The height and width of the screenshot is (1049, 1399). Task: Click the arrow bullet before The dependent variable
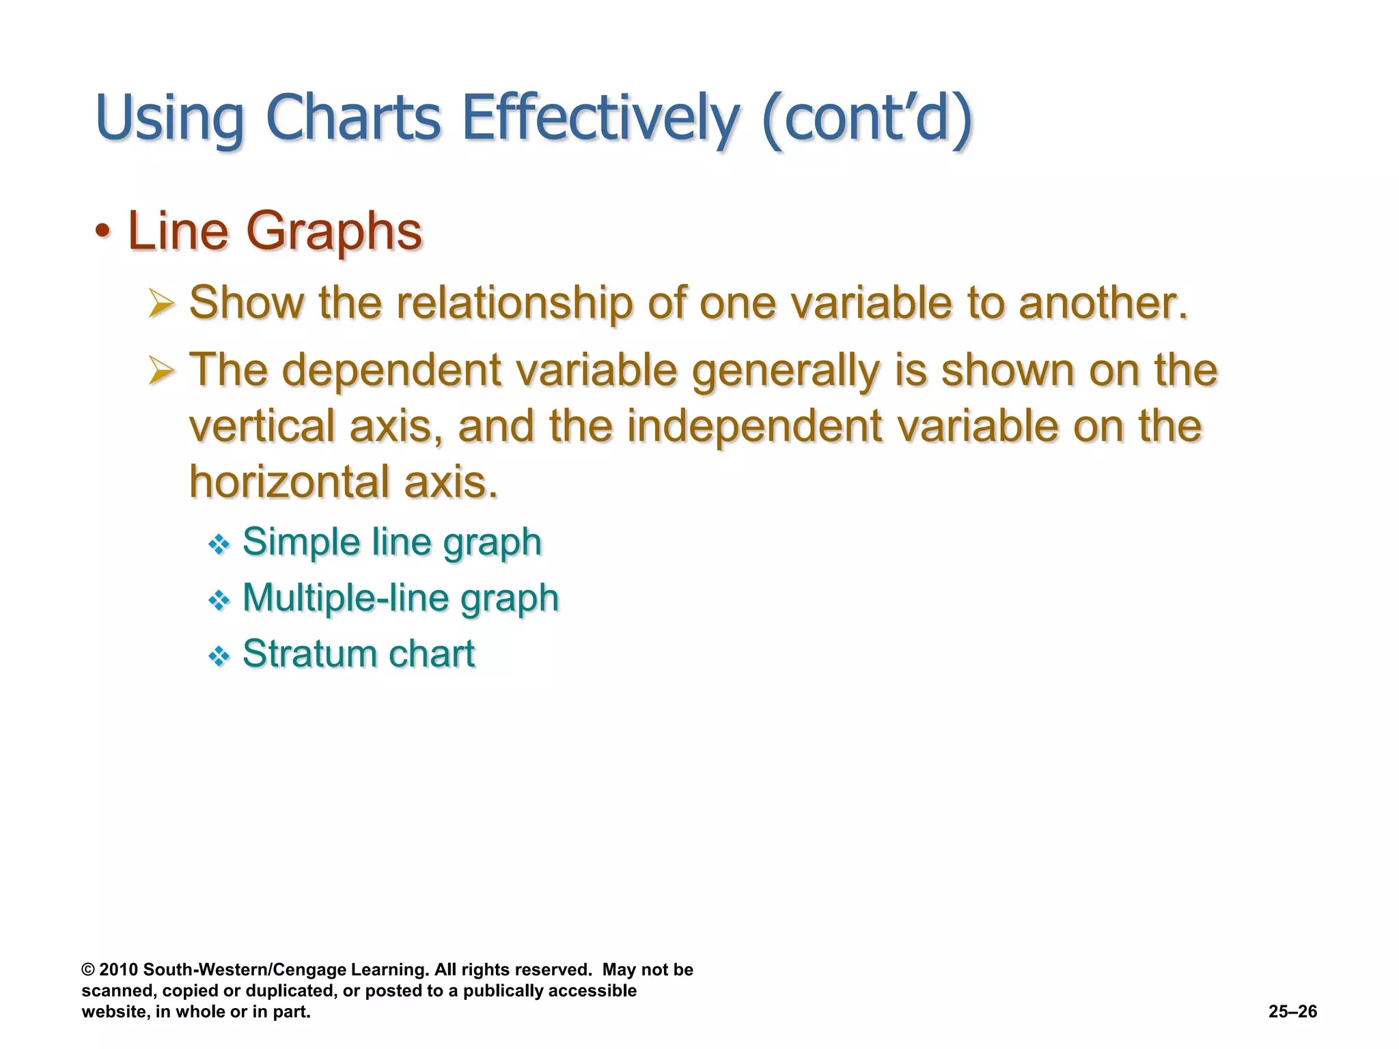161,372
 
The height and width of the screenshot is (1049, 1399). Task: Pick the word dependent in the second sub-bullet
392,371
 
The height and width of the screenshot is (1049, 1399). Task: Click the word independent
754,426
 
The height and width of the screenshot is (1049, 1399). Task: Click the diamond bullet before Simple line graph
219,544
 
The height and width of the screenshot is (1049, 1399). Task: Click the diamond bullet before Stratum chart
219,657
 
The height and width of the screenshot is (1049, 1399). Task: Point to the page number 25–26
1292,1011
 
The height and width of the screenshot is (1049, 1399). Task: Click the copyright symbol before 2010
87,970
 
